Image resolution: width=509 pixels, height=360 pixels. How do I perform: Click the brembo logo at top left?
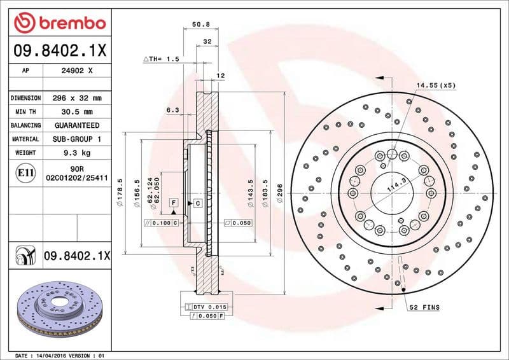(59, 24)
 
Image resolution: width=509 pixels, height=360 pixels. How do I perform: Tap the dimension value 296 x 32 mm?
(78, 99)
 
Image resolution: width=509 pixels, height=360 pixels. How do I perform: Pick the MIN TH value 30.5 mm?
(78, 112)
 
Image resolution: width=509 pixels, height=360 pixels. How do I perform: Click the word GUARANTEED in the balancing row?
(78, 125)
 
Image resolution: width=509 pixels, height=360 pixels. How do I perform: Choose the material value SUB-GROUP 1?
(78, 139)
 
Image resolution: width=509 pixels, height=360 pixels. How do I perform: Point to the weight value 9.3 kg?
(78, 153)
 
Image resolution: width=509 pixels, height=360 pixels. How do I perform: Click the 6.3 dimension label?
(172, 110)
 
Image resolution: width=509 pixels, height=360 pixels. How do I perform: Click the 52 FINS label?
(423, 307)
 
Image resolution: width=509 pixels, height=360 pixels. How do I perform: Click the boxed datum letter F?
(172, 202)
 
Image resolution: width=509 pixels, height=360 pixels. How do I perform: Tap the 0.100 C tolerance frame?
(161, 223)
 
